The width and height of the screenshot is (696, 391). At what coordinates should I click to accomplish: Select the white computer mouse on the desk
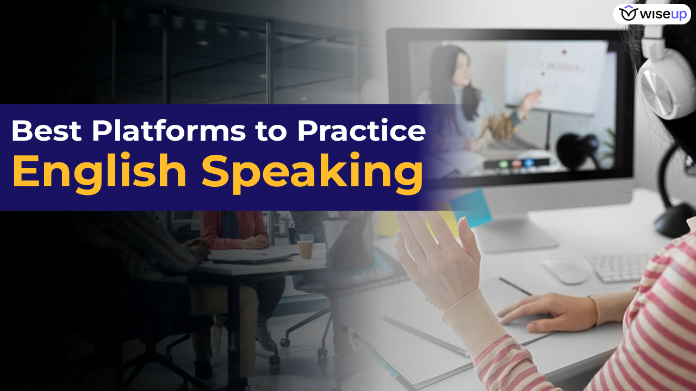564,270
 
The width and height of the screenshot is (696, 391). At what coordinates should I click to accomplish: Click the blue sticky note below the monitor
470,207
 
